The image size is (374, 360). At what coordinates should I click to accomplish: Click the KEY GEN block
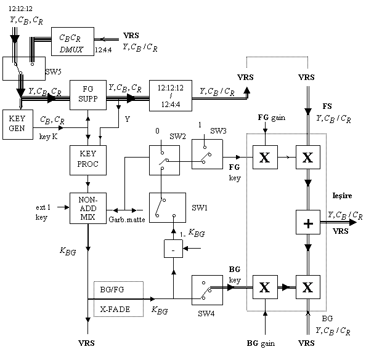pyautogui.click(x=18, y=124)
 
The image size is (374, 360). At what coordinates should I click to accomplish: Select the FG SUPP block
pyautogui.click(x=88, y=95)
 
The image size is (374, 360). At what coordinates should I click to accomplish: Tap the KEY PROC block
pyautogui.click(x=88, y=161)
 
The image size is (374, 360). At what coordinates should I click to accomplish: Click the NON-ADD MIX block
pyautogui.click(x=88, y=208)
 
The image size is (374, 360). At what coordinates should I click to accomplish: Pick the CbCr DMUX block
pyautogui.click(x=73, y=41)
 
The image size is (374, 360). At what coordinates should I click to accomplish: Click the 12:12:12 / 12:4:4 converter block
pyautogui.click(x=171, y=95)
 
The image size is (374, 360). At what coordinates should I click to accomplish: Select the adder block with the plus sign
pyautogui.click(x=308, y=222)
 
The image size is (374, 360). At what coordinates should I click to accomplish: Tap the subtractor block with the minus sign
pyautogui.click(x=173, y=249)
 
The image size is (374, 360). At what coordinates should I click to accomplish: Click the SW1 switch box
pyautogui.click(x=168, y=208)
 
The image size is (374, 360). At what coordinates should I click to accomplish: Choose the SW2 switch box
pyautogui.click(x=165, y=161)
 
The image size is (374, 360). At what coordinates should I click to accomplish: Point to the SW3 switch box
pyautogui.click(x=208, y=154)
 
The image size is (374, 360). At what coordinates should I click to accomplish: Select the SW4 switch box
pyautogui.click(x=208, y=290)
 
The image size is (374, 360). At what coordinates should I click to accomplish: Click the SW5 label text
pyautogui.click(x=54, y=71)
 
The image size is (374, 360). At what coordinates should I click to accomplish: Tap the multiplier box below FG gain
pyautogui.click(x=265, y=158)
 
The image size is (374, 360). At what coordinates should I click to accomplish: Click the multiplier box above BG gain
pyautogui.click(x=265, y=287)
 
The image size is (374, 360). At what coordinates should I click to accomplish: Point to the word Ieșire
pyautogui.click(x=343, y=196)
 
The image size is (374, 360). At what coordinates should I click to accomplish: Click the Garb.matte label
pyautogui.click(x=127, y=220)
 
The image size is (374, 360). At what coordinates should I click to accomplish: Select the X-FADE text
pyautogui.click(x=115, y=310)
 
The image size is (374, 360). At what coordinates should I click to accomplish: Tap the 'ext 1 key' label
pyautogui.click(x=43, y=212)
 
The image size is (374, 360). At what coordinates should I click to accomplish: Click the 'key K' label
pyautogui.click(x=49, y=137)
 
